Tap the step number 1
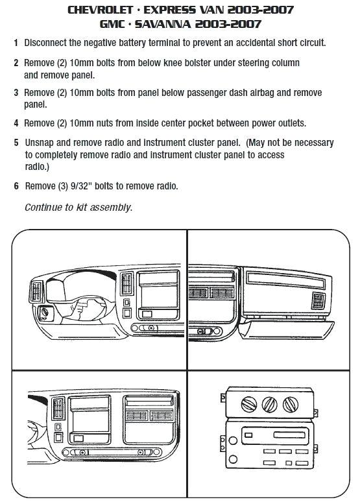(x=16, y=43)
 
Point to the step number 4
(x=16, y=123)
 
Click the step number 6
(x=16, y=186)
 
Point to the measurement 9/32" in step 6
(x=87, y=186)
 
